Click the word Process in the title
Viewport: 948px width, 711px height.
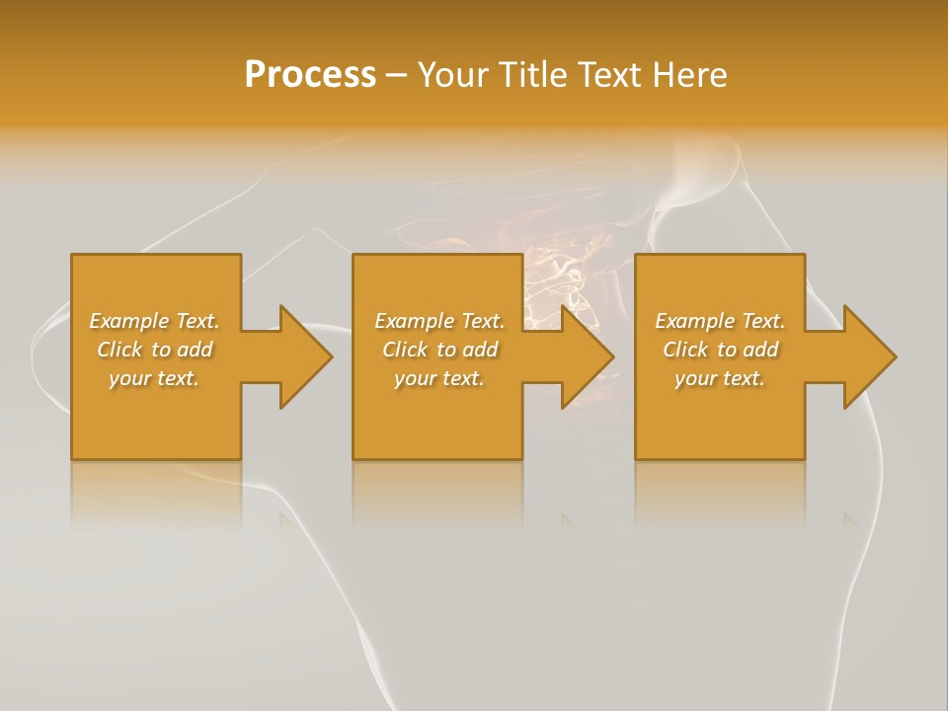click(x=310, y=75)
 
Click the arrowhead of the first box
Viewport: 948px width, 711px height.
click(x=304, y=356)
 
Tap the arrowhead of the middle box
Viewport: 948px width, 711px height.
click(x=587, y=356)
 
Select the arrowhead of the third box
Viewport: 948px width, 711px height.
click(x=868, y=356)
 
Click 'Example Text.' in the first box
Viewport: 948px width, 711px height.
click(x=154, y=321)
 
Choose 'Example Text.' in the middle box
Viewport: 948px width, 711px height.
click(x=439, y=321)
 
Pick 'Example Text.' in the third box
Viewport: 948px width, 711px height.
click(x=720, y=321)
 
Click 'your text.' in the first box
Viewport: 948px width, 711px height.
click(x=154, y=378)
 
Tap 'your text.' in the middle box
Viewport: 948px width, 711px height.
click(x=439, y=378)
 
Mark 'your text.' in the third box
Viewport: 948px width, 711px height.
click(x=720, y=378)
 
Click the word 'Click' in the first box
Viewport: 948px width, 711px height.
click(x=120, y=350)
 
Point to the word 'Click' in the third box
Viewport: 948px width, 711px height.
click(x=686, y=350)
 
